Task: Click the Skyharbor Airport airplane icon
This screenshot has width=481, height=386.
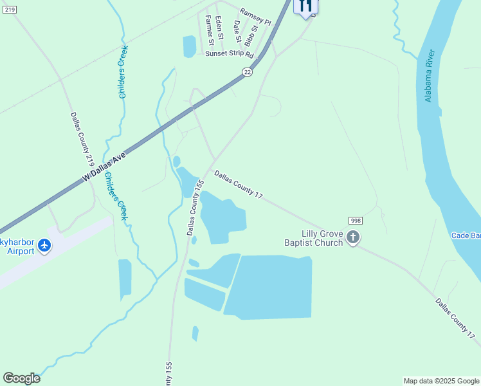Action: pos(44,245)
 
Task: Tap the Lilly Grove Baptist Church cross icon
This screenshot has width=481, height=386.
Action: pos(352,237)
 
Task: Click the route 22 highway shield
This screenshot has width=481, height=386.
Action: pos(248,73)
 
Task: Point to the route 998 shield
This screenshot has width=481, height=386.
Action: pos(356,221)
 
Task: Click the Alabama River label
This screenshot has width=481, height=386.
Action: pos(430,75)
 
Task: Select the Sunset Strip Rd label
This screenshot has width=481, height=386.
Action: pos(230,55)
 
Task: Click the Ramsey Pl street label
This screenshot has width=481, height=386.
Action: pos(256,17)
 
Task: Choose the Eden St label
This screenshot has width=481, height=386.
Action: pos(219,28)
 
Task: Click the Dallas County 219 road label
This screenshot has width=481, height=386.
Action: pos(83,140)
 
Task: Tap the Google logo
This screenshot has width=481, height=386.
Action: pos(21,378)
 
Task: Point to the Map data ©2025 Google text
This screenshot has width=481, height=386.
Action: pos(441,381)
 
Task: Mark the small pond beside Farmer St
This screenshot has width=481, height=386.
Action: pos(189,46)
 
